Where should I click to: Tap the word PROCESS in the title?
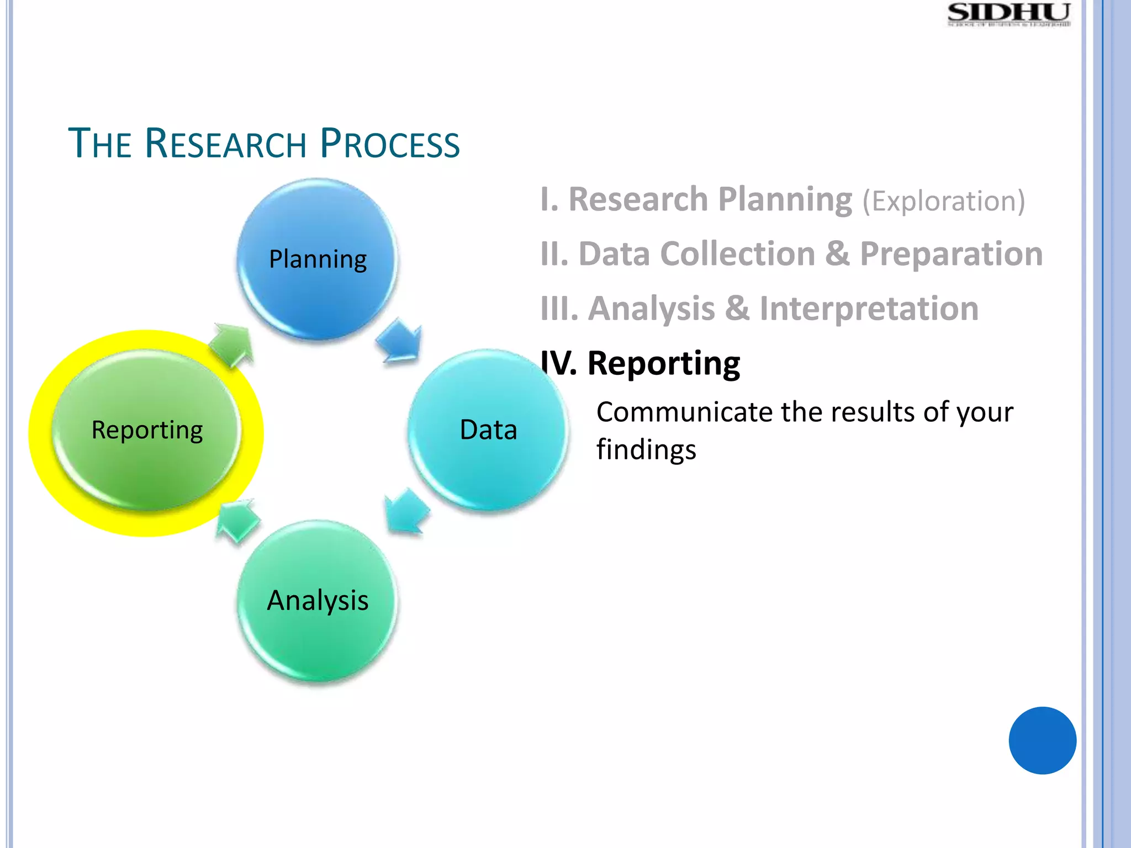(x=389, y=144)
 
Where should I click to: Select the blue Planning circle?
(x=318, y=259)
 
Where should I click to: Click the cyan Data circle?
(x=488, y=430)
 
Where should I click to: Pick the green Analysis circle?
(x=318, y=601)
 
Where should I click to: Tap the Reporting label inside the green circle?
(x=147, y=430)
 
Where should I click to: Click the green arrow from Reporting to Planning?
(x=232, y=345)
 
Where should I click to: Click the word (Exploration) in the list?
(x=944, y=201)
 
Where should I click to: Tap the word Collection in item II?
(x=737, y=254)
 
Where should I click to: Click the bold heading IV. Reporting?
(x=641, y=363)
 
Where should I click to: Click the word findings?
(x=646, y=449)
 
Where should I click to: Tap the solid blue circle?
(x=1042, y=740)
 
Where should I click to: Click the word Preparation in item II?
(x=951, y=254)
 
